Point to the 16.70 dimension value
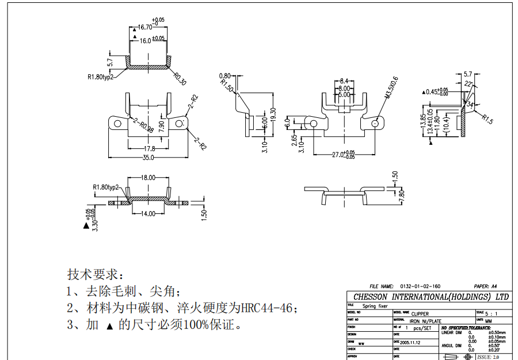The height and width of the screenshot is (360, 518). (144, 27)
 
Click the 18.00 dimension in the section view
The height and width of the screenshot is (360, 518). (148, 178)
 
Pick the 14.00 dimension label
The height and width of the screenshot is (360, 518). (148, 214)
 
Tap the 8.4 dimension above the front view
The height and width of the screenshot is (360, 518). (344, 81)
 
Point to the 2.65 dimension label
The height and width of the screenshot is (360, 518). (294, 141)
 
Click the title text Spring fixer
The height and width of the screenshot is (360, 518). (376, 306)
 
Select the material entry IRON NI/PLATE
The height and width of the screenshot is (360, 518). (426, 321)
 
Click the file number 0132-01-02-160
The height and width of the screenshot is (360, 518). (420, 286)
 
